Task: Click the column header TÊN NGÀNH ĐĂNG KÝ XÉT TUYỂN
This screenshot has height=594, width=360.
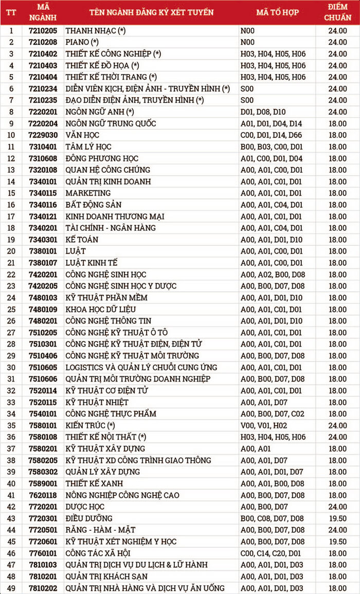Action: click(x=151, y=12)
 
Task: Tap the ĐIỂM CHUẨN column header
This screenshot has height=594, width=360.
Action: click(x=338, y=12)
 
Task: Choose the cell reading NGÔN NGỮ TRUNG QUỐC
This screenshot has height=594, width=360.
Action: click(x=111, y=123)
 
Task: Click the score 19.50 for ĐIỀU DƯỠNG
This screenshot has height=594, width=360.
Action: click(x=338, y=518)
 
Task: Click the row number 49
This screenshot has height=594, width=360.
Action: click(x=11, y=588)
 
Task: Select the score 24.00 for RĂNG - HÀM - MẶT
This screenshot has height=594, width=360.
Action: click(x=338, y=530)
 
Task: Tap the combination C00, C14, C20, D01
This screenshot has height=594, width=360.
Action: click(x=272, y=553)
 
